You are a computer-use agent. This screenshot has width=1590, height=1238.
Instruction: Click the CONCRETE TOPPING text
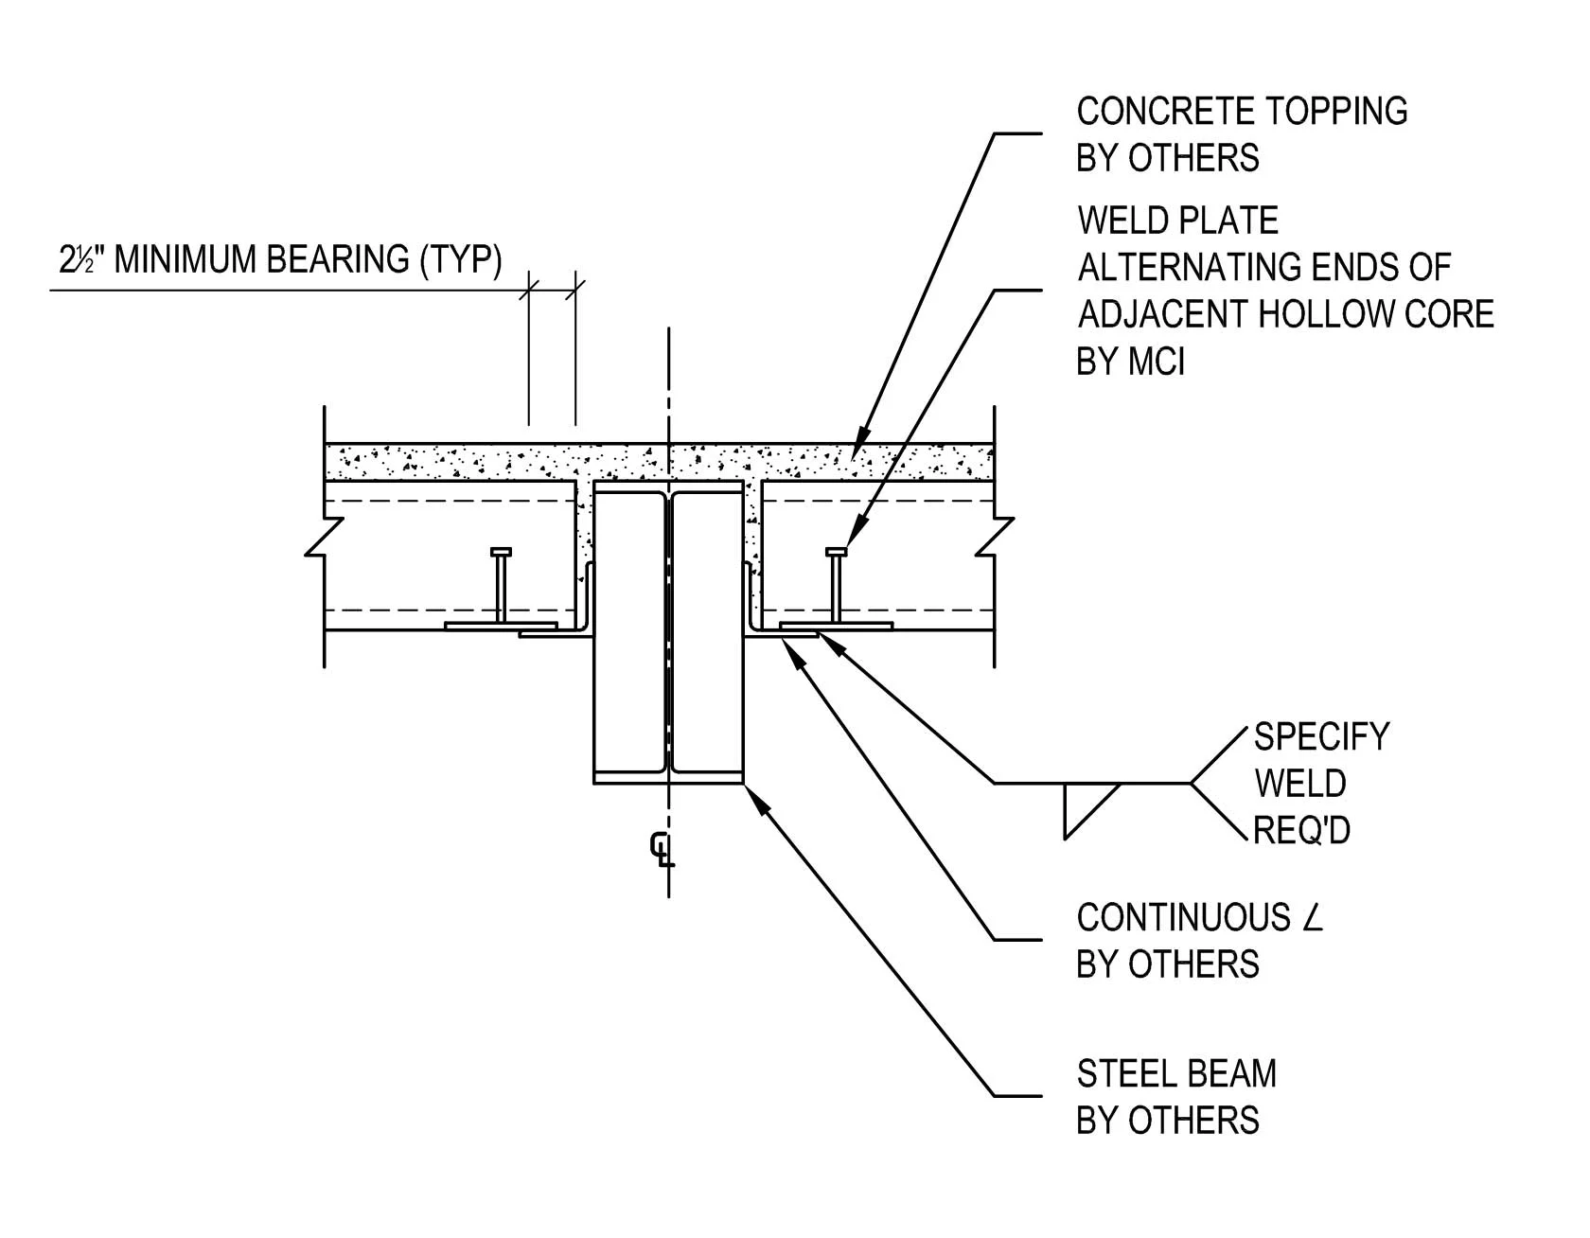point(1241,112)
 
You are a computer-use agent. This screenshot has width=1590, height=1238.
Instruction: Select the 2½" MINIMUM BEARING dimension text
point(280,259)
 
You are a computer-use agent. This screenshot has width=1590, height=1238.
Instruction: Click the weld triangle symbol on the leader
point(1084,805)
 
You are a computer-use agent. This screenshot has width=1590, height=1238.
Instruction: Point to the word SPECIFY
point(1321,737)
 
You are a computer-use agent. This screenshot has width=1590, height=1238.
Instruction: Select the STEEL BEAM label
point(1176,1074)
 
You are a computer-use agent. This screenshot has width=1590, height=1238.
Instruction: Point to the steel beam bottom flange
point(668,777)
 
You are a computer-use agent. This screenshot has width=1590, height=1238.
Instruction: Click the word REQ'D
point(1300,831)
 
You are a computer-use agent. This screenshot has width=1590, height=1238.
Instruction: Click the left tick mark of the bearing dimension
point(529,288)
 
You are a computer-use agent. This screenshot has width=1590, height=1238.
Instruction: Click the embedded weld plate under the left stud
point(500,626)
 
